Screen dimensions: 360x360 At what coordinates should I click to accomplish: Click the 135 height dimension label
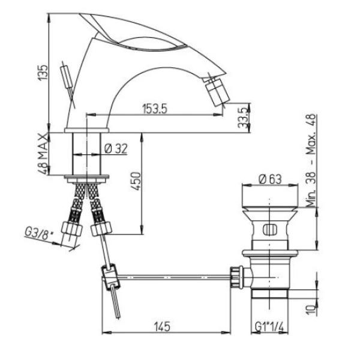(x=43, y=73)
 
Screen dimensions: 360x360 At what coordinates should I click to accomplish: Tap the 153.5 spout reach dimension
(x=155, y=109)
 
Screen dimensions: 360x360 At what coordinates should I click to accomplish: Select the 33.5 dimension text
(x=244, y=118)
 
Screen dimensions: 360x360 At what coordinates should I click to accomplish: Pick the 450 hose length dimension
(x=136, y=181)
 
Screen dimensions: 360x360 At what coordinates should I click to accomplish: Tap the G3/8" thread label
(x=39, y=235)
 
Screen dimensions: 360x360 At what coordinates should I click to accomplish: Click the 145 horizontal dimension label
(x=162, y=326)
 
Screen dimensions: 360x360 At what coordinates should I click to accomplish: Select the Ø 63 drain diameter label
(x=270, y=179)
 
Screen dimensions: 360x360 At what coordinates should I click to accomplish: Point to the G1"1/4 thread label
(x=269, y=326)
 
